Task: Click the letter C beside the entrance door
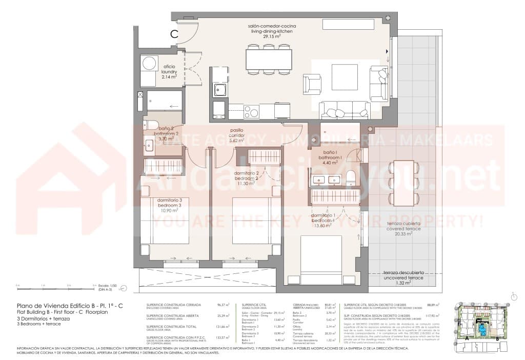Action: (174, 34)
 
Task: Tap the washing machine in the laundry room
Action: (149, 64)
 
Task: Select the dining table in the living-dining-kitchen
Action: (269, 59)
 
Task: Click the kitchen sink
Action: (220, 90)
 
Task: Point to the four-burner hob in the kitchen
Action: (252, 111)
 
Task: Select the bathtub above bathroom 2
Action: (164, 101)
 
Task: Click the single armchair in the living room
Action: (312, 84)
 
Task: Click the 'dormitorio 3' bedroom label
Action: (168, 202)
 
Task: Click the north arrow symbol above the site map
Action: (514, 296)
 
